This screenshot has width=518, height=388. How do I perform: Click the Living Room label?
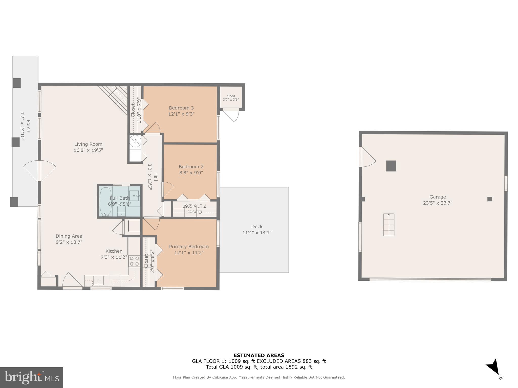click(88, 144)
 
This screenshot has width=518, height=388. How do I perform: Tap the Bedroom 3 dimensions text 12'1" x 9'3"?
click(181, 114)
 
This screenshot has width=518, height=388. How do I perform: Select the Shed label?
click(231, 96)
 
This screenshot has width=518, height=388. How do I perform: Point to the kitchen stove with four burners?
click(134, 261)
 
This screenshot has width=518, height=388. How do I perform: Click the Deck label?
click(257, 227)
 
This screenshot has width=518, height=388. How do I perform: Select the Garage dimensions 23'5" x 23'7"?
click(438, 203)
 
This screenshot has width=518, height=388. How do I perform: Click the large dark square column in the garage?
click(391, 166)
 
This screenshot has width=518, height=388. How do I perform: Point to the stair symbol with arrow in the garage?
click(389, 225)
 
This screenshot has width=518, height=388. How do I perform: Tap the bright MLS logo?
click(32, 377)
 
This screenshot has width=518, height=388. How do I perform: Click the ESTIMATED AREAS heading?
click(259, 355)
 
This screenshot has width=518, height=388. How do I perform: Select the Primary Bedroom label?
click(189, 247)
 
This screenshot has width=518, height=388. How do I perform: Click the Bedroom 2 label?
click(191, 167)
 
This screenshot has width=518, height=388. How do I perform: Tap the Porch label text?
click(28, 126)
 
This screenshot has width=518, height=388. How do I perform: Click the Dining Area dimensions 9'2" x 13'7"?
click(69, 242)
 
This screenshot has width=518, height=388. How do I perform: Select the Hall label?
click(156, 177)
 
